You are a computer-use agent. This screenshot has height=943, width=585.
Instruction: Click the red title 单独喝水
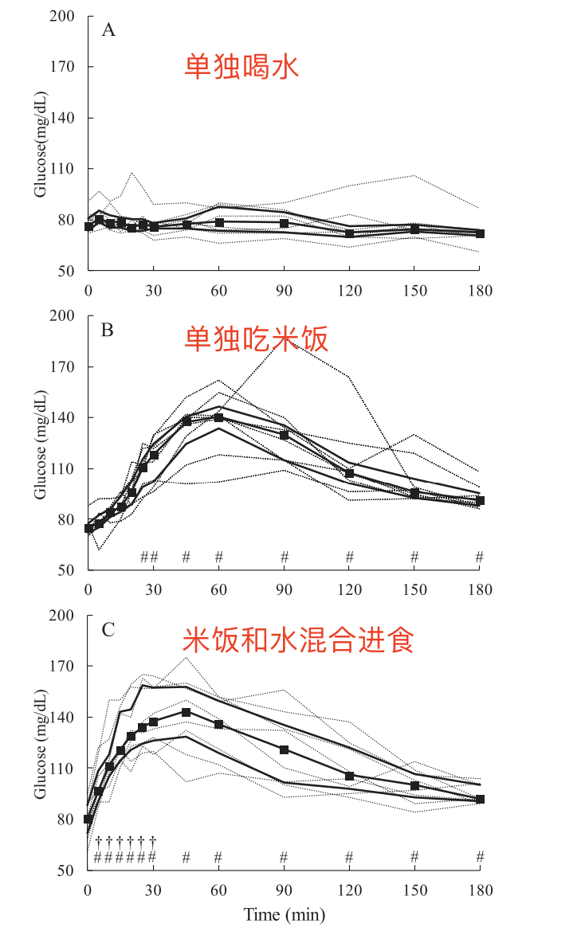tap(241, 66)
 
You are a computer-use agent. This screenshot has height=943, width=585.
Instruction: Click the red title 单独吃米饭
tap(256, 340)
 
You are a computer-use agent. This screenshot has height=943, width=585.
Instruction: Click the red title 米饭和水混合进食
tap(299, 640)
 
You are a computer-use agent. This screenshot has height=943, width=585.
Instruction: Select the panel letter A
tap(108, 30)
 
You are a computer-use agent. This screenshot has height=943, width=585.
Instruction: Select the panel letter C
tap(108, 630)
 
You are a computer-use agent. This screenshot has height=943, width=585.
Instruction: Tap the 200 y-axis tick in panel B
tap(63, 316)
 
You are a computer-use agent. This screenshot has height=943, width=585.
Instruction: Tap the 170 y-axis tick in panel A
tap(63, 67)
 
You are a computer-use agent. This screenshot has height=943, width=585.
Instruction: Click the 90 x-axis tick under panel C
tap(284, 890)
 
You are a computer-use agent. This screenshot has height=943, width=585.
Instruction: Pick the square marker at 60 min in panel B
tap(218, 417)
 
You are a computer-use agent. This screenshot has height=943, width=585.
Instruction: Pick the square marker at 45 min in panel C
tap(186, 712)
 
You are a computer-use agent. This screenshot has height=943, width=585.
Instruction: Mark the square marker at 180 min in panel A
tap(480, 234)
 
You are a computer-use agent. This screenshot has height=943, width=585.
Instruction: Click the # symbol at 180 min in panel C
tap(480, 857)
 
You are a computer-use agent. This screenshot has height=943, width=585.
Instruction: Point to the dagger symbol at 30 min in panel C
tap(152, 840)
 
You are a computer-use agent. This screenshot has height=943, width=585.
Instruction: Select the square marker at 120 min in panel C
tap(349, 776)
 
